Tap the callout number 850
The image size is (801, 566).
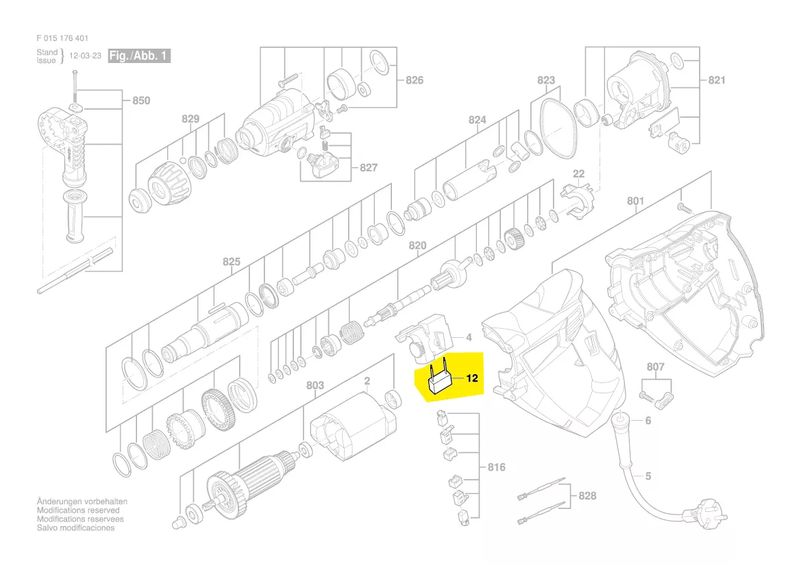click(x=140, y=101)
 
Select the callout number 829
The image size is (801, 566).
click(x=190, y=119)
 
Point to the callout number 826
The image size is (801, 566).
click(x=415, y=80)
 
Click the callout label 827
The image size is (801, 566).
click(x=369, y=167)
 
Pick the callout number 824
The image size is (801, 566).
click(x=477, y=120)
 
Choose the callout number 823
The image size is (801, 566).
click(x=546, y=80)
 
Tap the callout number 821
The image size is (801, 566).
click(x=716, y=80)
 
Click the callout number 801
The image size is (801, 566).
click(x=636, y=201)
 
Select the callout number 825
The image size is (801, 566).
click(x=232, y=261)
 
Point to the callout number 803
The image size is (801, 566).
click(x=315, y=386)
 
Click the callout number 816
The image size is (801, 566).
click(x=496, y=467)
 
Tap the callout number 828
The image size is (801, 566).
click(x=587, y=495)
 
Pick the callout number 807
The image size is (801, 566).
click(x=656, y=367)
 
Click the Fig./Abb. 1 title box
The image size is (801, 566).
click(x=140, y=56)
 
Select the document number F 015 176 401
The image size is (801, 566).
click(x=62, y=38)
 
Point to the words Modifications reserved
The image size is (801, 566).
click(x=78, y=510)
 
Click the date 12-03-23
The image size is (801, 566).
click(x=85, y=56)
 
